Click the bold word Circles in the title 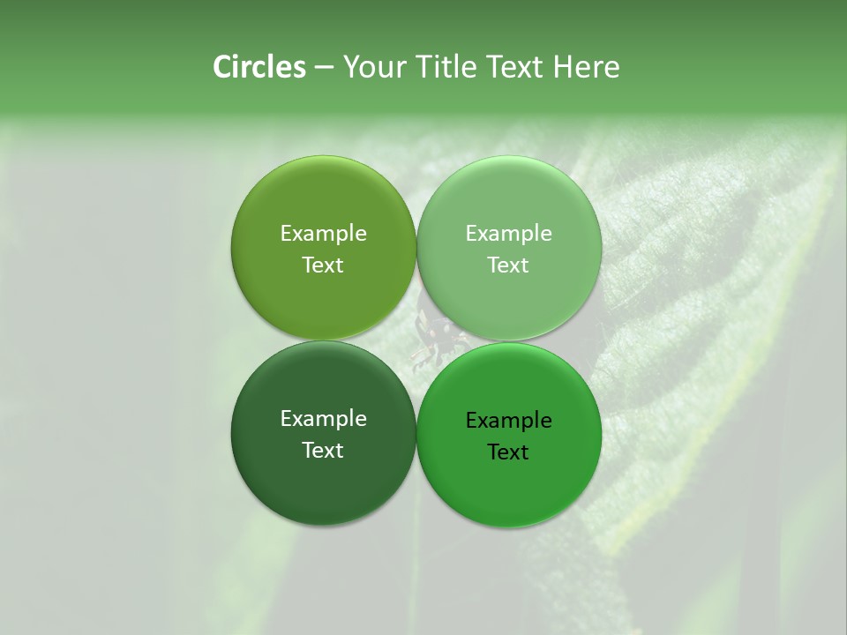259,67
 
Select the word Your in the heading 373,67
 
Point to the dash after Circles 323,68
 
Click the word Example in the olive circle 323,234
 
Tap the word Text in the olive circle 323,265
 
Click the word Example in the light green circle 508,234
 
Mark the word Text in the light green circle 508,265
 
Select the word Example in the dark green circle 323,419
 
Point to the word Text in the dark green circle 323,451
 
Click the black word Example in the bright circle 508,421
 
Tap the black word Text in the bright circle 508,452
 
